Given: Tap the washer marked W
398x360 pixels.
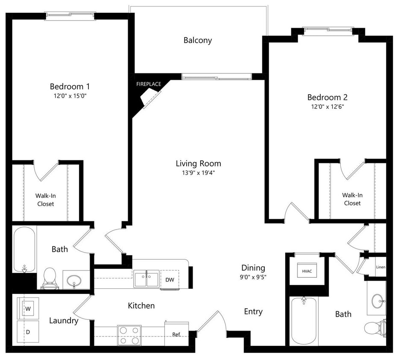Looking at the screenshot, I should point(28,308).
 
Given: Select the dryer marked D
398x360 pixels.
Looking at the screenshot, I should point(28,331).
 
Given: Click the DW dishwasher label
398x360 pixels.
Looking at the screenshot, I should point(170,280).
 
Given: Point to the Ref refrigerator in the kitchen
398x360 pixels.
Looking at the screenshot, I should point(176,334).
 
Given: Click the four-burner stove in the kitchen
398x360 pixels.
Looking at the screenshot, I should point(129,335).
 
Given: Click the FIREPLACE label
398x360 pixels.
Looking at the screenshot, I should point(149,84).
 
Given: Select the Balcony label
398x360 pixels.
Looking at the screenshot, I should point(198,41).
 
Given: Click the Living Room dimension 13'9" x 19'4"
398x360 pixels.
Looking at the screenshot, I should point(198,173).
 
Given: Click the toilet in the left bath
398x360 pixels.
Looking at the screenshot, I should point(50,278).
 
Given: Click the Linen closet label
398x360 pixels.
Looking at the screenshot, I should point(380,267).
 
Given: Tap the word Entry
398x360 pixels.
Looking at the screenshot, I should point(253,312).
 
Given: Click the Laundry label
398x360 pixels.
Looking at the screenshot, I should point(64,321).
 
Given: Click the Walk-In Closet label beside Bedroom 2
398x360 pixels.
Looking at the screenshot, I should point(352,199).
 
